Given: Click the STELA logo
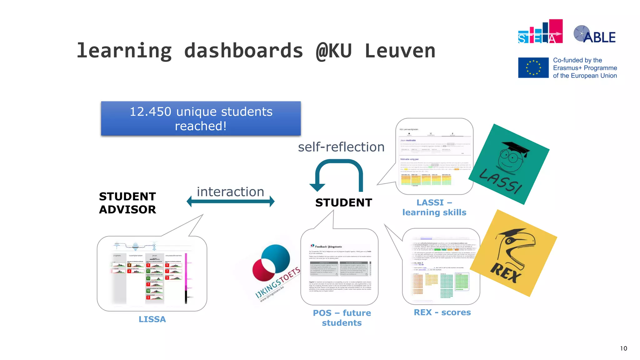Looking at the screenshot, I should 540,32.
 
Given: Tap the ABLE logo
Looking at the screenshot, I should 595,34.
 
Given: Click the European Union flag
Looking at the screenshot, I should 533,67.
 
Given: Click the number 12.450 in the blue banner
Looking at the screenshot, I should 150,112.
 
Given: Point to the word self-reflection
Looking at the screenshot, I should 341,147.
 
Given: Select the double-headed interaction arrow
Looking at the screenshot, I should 230,202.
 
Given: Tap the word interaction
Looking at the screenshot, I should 230,192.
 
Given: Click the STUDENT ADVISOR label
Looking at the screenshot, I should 127,203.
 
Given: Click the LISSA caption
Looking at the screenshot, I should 152,319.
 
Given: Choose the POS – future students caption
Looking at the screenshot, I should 342,318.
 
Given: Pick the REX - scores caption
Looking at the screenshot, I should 442,312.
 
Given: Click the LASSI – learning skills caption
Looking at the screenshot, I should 434,207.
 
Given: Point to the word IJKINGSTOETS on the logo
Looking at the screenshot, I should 277,283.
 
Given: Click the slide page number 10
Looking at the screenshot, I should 623,348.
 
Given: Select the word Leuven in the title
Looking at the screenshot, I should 400,51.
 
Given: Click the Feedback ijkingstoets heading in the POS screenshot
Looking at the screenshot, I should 328,247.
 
